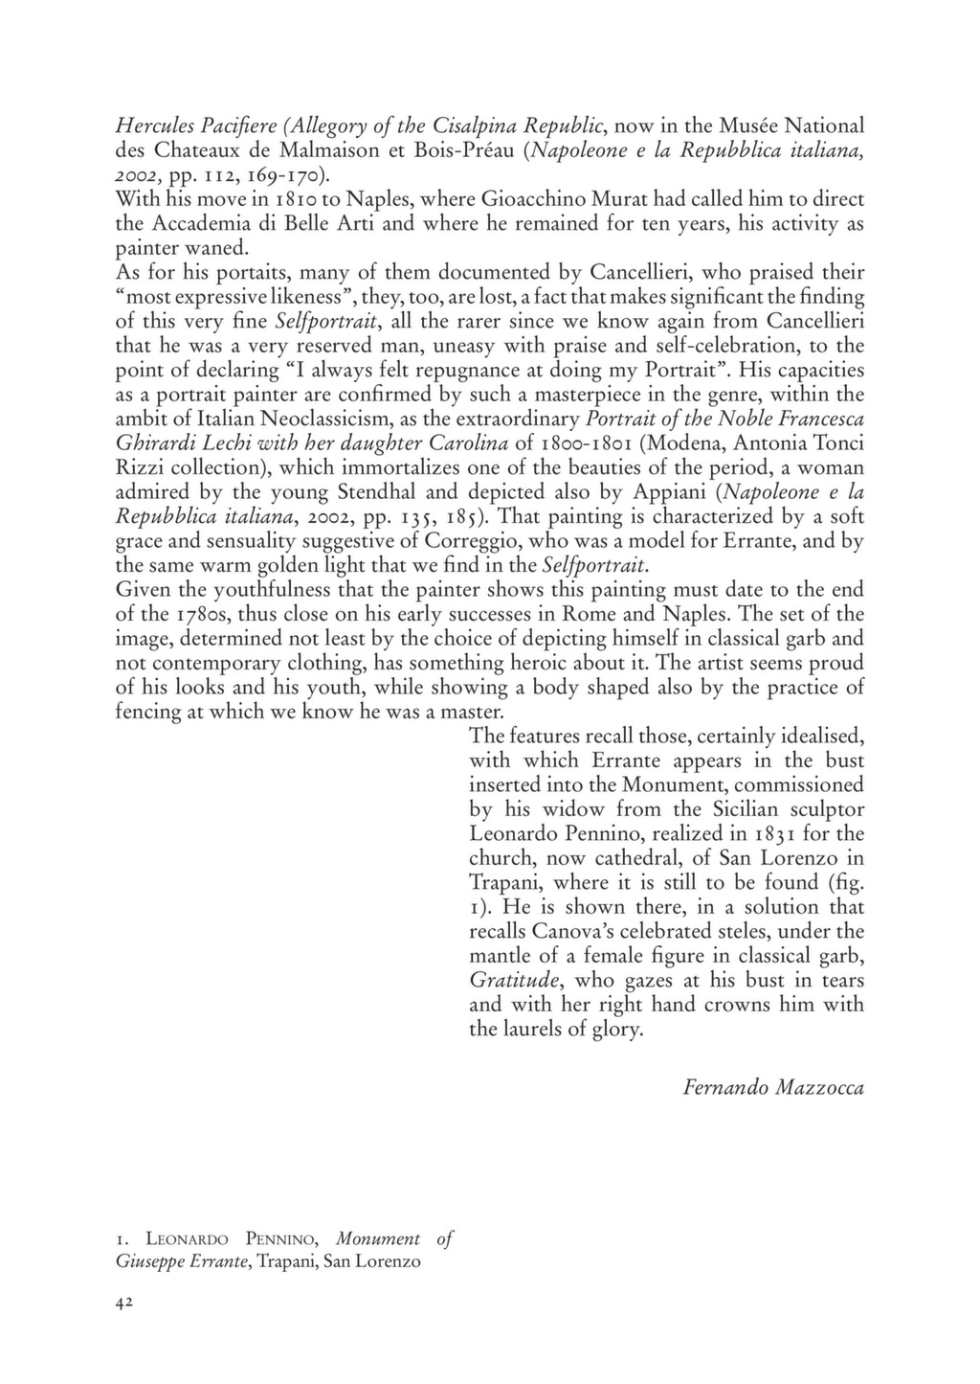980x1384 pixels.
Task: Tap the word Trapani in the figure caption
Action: coord(286,1261)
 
